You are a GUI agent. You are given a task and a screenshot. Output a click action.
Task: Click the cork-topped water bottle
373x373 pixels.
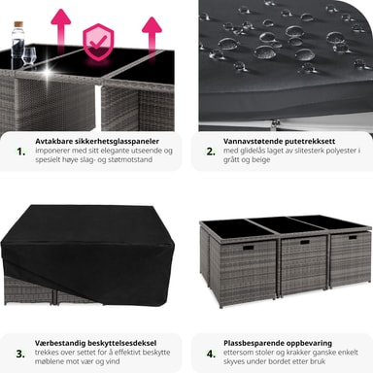click(x=17, y=41)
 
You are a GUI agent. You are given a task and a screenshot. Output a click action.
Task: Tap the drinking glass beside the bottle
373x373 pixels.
click(x=30, y=56)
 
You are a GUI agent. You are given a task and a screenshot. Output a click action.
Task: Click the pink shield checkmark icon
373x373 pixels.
click(x=98, y=42)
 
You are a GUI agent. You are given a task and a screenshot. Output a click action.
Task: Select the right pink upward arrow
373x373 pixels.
click(x=152, y=35)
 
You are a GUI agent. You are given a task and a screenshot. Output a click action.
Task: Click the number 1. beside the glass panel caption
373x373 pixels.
click(x=21, y=152)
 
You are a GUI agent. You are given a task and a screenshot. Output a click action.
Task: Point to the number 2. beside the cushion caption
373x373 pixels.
click(x=211, y=152)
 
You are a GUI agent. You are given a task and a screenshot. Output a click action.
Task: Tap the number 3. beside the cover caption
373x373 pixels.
click(x=20, y=354)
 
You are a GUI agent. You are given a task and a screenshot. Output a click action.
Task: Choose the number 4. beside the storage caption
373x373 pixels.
click(x=211, y=354)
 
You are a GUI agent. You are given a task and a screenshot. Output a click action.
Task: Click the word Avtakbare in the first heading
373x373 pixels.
click(x=53, y=141)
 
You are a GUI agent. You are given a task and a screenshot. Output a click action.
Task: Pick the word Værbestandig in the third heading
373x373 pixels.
click(x=60, y=343)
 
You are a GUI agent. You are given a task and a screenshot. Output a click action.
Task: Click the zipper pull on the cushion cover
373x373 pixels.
click(x=276, y=122)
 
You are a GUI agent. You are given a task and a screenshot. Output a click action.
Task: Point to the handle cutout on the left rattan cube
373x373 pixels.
click(x=249, y=248)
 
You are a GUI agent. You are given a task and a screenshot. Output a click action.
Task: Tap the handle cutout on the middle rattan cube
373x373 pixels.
click(x=305, y=242)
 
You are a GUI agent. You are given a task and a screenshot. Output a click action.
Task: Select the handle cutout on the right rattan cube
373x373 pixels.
click(x=353, y=237)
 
